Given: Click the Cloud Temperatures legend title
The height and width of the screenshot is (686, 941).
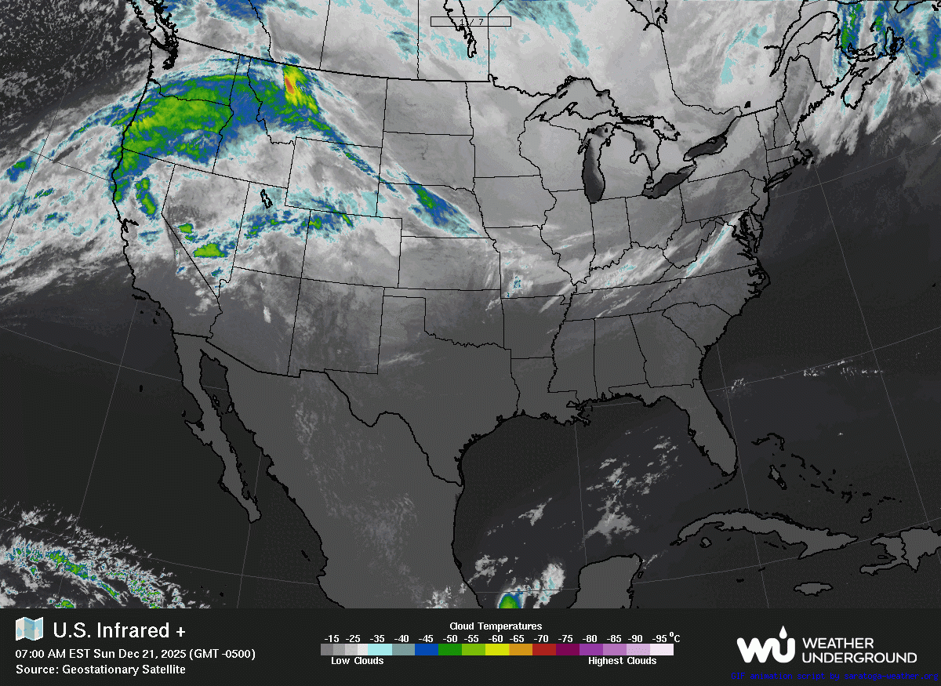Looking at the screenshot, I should tap(496, 626).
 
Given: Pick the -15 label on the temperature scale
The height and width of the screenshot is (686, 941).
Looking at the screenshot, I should tap(332, 638).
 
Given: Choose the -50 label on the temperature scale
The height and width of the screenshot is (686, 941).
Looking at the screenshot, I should tap(450, 638).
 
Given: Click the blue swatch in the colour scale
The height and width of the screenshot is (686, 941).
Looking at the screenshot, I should tap(427, 649).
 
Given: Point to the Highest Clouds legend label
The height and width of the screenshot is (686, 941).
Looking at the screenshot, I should tap(622, 661).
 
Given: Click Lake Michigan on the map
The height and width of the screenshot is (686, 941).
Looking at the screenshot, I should tap(594, 169).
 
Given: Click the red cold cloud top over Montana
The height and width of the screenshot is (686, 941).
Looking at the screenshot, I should tap(292, 85).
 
